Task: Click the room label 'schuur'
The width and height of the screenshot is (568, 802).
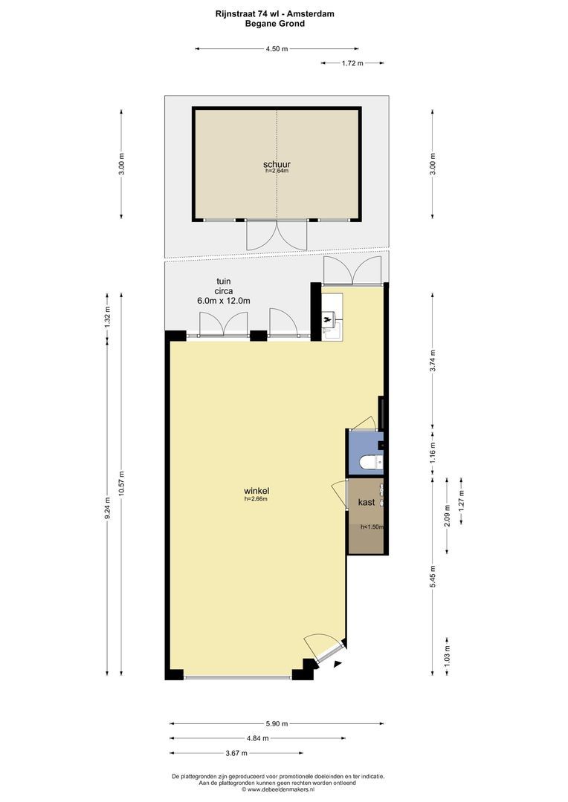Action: (x=277, y=164)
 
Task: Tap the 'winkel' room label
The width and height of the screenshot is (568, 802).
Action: (x=256, y=491)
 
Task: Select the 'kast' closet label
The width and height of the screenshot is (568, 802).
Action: (x=367, y=502)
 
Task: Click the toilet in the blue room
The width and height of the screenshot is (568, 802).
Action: (x=370, y=463)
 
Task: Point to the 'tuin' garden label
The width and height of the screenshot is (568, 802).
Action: (x=223, y=281)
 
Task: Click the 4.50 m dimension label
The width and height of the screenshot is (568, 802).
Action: (x=277, y=49)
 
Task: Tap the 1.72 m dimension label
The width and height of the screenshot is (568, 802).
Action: (x=352, y=63)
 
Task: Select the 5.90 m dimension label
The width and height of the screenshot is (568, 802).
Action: (x=277, y=724)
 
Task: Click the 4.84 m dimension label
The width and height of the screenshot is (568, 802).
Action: (x=258, y=738)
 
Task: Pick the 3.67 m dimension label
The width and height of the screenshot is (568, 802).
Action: (x=236, y=753)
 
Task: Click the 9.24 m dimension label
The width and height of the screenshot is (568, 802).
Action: (x=107, y=509)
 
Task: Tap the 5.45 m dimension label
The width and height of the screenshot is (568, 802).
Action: (x=433, y=576)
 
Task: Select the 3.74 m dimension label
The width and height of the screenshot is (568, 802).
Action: (x=433, y=362)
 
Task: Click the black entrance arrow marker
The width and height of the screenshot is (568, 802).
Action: (x=337, y=664)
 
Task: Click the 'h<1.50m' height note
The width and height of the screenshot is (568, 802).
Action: (x=372, y=526)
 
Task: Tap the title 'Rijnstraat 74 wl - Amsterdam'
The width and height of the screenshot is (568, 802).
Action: (x=275, y=14)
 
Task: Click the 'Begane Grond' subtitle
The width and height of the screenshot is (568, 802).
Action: (x=275, y=24)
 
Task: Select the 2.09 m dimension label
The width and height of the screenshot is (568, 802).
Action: (x=448, y=515)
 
